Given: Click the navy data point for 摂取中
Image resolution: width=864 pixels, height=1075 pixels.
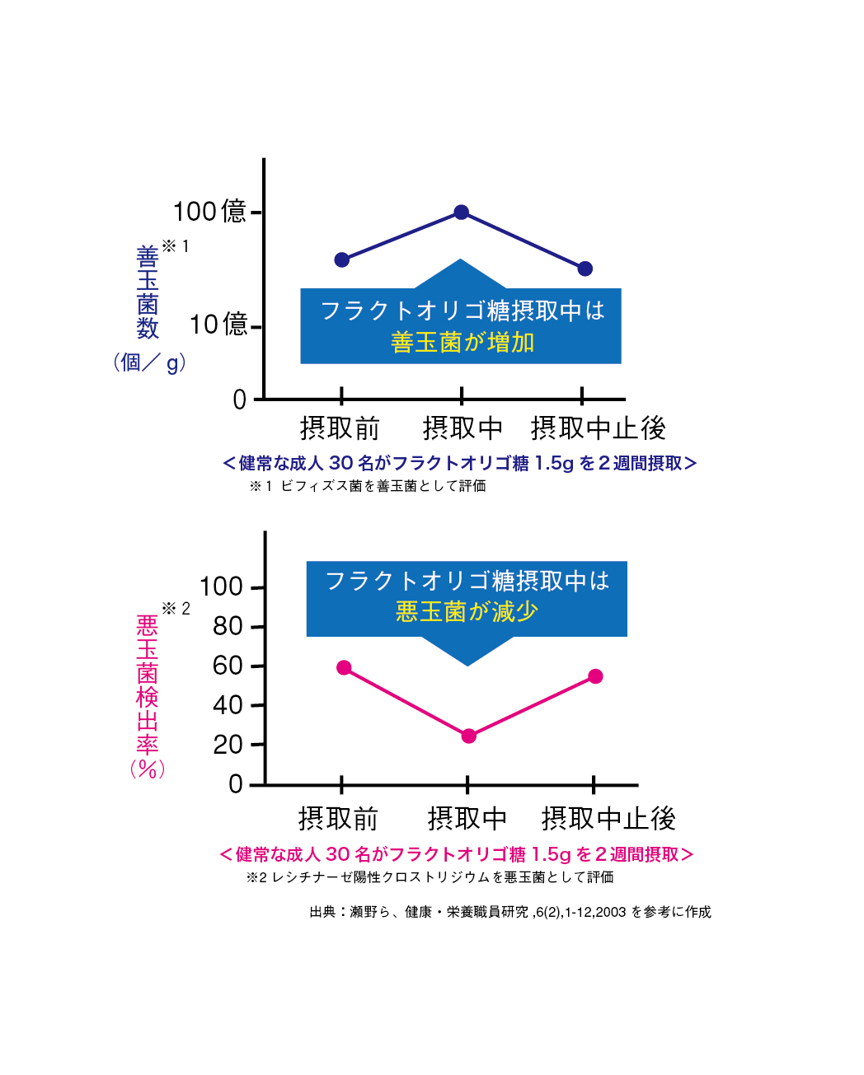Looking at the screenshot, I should pyautogui.click(x=462, y=213).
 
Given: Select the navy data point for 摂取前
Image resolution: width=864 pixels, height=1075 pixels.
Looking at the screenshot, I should pyautogui.click(x=342, y=260).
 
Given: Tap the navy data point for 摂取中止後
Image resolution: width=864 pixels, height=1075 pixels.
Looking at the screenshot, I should pyautogui.click(x=585, y=269).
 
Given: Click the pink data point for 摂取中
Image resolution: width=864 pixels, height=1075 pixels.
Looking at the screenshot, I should pyautogui.click(x=468, y=736).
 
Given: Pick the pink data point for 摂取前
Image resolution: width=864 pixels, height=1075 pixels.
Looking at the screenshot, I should pyautogui.click(x=344, y=667).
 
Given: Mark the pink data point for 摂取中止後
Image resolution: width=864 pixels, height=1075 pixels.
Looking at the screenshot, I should pyautogui.click(x=595, y=676).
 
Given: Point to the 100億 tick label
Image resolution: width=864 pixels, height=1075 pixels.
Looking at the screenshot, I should pyautogui.click(x=210, y=212).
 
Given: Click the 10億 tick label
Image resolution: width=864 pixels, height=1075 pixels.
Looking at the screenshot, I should pyautogui.click(x=218, y=325).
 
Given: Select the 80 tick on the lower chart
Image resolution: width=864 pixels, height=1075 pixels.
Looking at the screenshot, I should pyautogui.click(x=228, y=627).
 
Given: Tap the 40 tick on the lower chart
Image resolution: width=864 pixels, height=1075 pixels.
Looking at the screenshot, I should pyautogui.click(x=228, y=705).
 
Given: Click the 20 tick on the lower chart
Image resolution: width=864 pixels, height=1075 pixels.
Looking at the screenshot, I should pyautogui.click(x=228, y=745).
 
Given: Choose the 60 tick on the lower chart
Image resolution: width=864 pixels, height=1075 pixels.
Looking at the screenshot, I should pyautogui.click(x=228, y=666).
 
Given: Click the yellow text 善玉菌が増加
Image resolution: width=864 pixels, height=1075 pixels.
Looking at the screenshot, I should pyautogui.click(x=463, y=343).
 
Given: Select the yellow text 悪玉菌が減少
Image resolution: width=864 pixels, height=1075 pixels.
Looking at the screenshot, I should pyautogui.click(x=467, y=612).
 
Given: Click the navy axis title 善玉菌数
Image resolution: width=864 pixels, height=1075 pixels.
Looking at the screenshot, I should pyautogui.click(x=148, y=293).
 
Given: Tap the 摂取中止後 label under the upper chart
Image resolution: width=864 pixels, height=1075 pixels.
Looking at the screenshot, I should pyautogui.click(x=598, y=428).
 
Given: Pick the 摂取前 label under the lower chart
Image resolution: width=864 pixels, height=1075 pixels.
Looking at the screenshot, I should pyautogui.click(x=338, y=819).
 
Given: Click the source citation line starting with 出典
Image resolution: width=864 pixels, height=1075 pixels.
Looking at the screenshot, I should pyautogui.click(x=510, y=912).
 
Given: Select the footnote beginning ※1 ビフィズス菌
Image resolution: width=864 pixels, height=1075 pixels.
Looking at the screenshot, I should pyautogui.click(x=368, y=486).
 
